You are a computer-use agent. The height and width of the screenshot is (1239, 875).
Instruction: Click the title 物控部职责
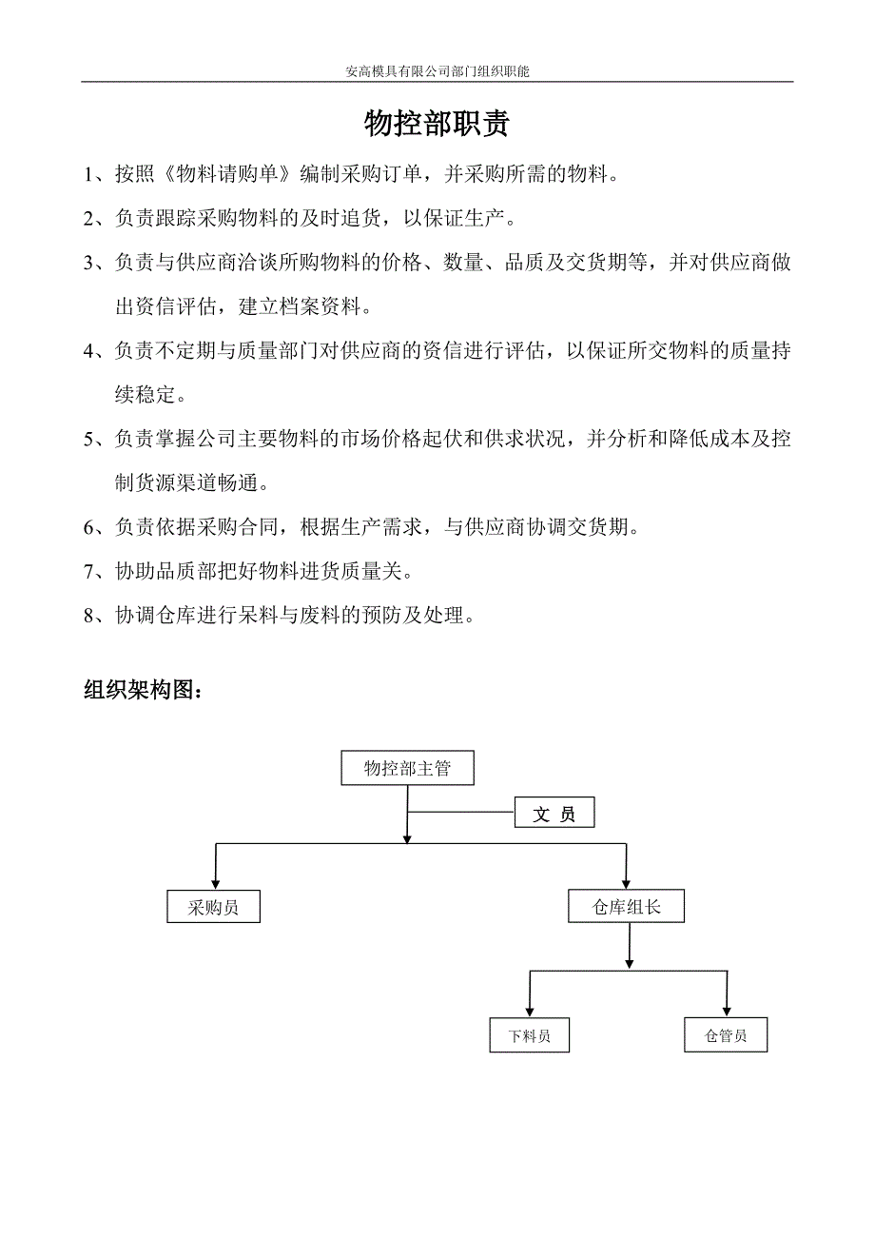[x=437, y=125]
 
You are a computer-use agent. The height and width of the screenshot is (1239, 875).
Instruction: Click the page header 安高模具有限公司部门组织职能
[x=437, y=71]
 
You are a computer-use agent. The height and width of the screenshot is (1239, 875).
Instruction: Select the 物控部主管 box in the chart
[x=407, y=769]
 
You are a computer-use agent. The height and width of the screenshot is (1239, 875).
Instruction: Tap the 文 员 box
[x=554, y=814]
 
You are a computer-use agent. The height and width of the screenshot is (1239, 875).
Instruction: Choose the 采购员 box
[x=213, y=907]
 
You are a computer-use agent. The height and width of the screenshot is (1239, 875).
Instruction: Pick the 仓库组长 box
[x=626, y=907]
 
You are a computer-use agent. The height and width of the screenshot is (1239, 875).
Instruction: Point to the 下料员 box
[x=530, y=1035]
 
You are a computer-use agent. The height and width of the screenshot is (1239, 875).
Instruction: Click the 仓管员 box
[x=726, y=1035]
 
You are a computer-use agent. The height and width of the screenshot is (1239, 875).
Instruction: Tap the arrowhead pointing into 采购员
[x=216, y=882]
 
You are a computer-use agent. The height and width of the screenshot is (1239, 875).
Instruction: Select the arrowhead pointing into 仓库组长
[x=626, y=882]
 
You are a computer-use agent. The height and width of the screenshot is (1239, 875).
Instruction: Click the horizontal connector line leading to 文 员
[x=461, y=813]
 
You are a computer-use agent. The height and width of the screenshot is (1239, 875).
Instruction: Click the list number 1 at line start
[x=89, y=174]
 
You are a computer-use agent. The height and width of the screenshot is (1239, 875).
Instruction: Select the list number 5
[x=89, y=440]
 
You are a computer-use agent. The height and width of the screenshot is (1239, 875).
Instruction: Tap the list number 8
[x=89, y=616]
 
